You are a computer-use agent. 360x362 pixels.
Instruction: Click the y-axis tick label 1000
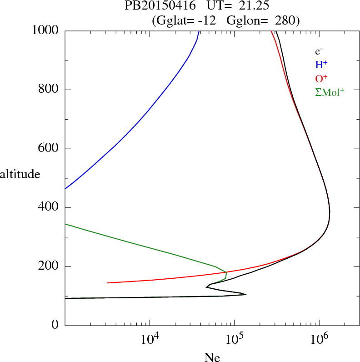pos(45,30)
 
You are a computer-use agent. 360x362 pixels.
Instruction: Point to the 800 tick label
pos(49,90)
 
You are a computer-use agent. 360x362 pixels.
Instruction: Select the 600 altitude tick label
pos(49,149)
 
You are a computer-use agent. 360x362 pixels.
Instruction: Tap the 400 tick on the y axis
pos(49,207)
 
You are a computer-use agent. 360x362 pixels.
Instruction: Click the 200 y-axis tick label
pos(49,266)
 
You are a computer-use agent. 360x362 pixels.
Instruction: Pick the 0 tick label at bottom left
pos(55,326)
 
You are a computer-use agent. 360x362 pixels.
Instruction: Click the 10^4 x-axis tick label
pos(150,339)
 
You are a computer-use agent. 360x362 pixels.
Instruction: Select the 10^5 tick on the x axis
pos(234,339)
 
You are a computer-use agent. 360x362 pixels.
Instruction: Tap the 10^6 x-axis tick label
pos(319,339)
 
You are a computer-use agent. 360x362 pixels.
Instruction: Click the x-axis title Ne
pos(212,357)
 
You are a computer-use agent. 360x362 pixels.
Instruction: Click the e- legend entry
pos(319,51)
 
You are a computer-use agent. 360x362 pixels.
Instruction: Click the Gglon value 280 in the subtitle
pos(286,20)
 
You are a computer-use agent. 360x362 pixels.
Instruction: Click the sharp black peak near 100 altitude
pos(245,295)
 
